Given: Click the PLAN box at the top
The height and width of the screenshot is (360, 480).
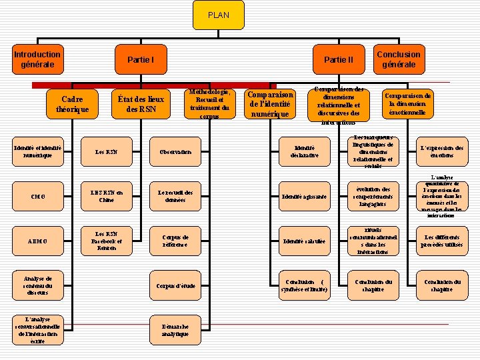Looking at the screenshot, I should click(218, 15).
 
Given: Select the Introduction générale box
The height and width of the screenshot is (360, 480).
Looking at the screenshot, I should click(37, 59).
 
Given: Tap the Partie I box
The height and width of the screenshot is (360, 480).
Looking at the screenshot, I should click(141, 60).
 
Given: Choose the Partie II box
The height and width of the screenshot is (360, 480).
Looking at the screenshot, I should click(338, 60).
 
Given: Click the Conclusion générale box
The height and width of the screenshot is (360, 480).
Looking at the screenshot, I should click(399, 59).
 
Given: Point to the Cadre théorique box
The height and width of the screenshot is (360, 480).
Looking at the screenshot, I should click(72, 104).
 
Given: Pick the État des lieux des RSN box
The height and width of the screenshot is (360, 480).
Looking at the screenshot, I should click(141, 104).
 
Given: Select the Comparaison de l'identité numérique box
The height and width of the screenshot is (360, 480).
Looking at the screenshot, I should click(270, 104).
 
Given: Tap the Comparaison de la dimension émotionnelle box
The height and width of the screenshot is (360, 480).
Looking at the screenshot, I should click(408, 104).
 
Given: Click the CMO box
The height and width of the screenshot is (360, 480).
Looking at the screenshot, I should click(38, 197).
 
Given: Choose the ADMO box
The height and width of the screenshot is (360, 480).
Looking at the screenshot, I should click(38, 241).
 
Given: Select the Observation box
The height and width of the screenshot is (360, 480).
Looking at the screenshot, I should click(175, 152).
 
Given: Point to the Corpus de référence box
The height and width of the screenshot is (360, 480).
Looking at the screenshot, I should click(175, 241).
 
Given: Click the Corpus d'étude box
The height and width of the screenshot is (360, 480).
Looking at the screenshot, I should click(175, 286).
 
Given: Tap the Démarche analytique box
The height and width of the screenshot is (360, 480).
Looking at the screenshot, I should click(175, 330).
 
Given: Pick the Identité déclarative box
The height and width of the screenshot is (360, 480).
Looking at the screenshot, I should click(305, 152).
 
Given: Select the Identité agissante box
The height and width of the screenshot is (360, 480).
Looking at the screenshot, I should click(305, 197).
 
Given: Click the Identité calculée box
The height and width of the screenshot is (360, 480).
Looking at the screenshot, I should click(305, 241).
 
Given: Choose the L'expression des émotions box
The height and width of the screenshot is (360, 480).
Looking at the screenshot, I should click(441, 152).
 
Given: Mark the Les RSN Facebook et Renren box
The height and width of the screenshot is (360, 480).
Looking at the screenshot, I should click(106, 241).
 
